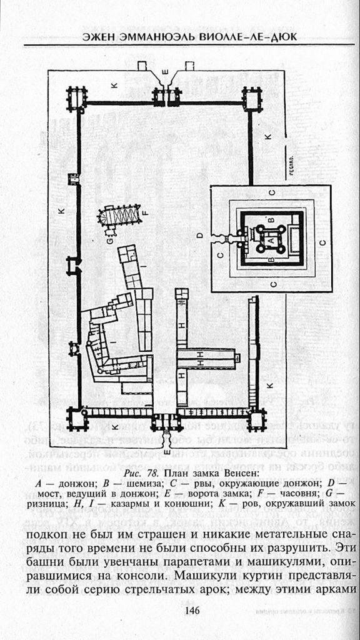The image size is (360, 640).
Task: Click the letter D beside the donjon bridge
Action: click(x=199, y=236)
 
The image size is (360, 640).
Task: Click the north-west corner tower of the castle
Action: click(x=77, y=99)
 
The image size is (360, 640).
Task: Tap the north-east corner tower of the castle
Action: click(x=252, y=99)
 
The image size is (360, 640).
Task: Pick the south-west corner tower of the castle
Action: click(x=77, y=419)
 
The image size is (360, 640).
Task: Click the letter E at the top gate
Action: click(x=165, y=72)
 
